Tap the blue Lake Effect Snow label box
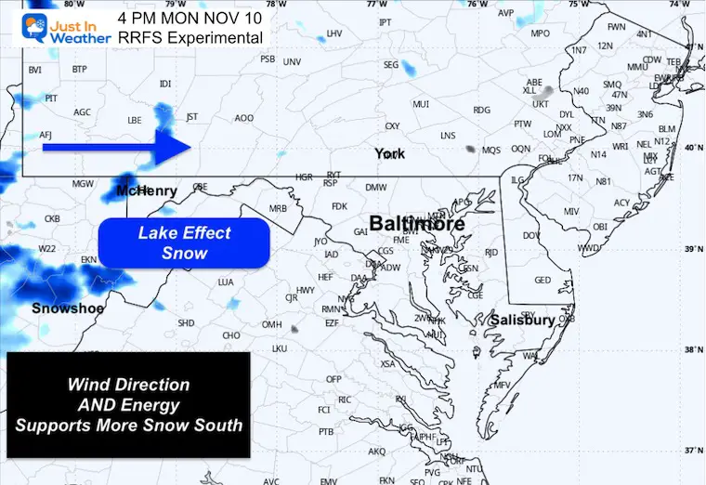[x=184, y=242]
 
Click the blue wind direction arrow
[x=115, y=146]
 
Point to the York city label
[x=390, y=153]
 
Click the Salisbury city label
[x=523, y=321]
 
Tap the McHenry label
[x=146, y=190]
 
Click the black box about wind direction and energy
[x=128, y=404]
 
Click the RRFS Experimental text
[x=190, y=37]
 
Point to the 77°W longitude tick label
[x=375, y=5]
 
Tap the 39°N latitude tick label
[x=692, y=249]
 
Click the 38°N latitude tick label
[x=692, y=350]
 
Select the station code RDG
[x=481, y=110]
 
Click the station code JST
[x=192, y=117]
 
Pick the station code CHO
[x=232, y=335]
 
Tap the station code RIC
[x=344, y=400]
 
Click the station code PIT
[x=52, y=98]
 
